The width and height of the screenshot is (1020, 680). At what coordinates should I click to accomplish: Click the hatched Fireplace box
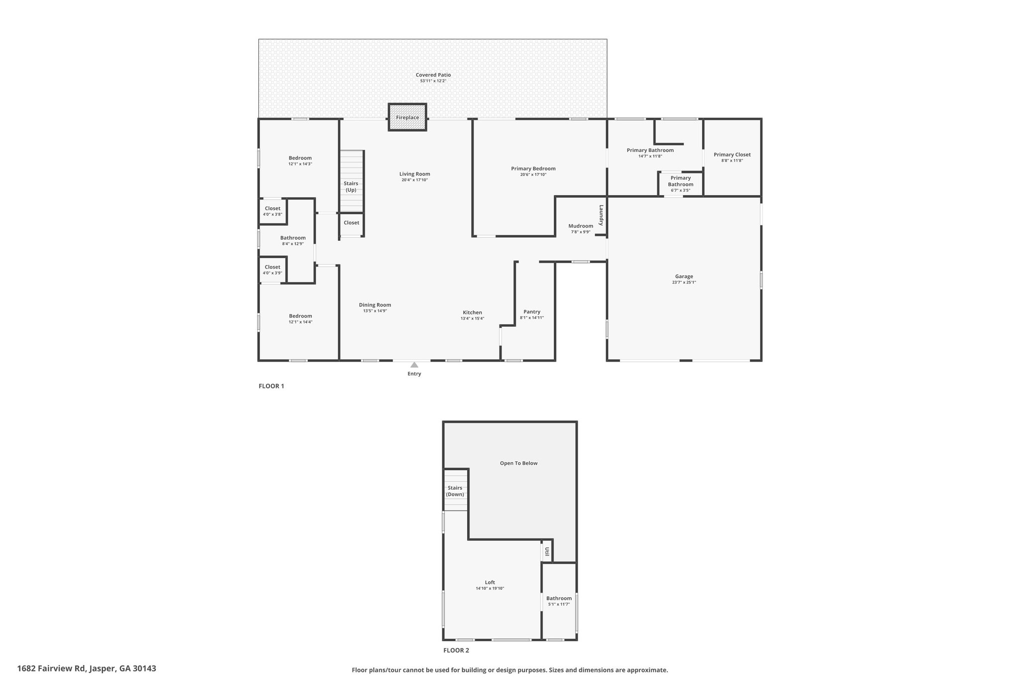407,117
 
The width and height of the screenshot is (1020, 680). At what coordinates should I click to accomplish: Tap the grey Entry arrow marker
414,365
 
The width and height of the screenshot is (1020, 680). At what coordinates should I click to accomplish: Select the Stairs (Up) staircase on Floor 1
352,181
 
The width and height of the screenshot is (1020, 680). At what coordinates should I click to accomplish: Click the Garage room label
684,276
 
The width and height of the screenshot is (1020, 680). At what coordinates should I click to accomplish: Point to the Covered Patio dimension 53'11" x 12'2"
433,81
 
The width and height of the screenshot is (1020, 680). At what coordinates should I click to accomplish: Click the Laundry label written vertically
601,215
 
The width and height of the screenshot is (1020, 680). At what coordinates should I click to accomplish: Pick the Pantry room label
532,312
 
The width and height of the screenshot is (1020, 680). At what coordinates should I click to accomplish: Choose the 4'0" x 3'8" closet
272,211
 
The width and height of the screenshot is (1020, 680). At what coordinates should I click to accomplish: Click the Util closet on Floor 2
547,551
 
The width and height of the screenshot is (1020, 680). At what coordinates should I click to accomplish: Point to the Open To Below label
518,463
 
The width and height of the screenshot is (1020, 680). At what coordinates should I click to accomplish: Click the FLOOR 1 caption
271,386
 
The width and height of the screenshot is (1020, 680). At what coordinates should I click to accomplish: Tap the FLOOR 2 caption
456,650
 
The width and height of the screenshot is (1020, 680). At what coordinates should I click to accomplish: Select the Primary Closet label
732,154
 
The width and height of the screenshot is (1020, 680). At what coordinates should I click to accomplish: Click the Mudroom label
581,226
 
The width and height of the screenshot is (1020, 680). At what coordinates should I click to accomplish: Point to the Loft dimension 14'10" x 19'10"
490,588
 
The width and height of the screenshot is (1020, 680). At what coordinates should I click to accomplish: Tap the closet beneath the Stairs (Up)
352,224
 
